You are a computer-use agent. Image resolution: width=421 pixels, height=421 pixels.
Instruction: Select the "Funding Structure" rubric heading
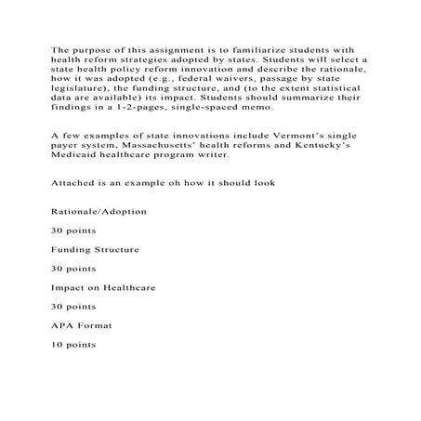click(96, 250)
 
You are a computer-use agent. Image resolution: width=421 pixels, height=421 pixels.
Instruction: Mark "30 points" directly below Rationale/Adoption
click(72, 230)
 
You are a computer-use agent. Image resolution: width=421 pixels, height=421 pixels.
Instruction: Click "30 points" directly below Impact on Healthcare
click(72, 307)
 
